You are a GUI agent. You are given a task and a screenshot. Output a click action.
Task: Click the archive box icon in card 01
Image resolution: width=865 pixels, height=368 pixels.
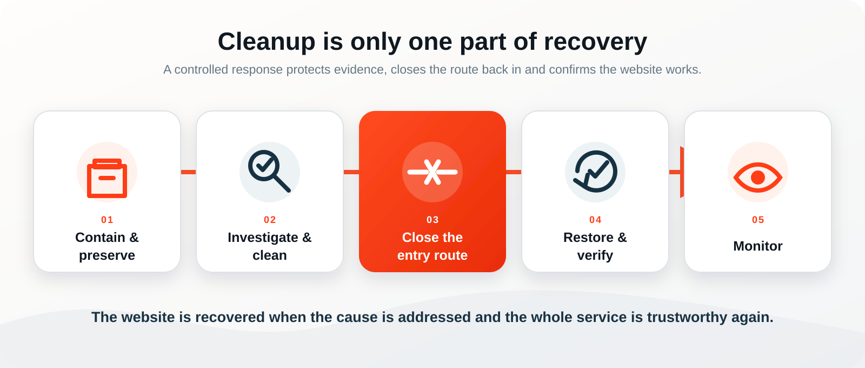(107, 178)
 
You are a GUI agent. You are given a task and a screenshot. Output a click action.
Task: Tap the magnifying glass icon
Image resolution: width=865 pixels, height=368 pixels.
(269, 171)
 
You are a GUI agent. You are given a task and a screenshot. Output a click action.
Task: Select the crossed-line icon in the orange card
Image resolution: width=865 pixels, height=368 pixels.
(432, 172)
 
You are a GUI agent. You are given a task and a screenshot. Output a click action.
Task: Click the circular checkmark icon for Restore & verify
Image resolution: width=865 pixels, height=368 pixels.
(595, 171)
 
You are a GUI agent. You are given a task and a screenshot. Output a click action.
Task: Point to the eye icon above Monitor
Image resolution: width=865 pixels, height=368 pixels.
(757, 178)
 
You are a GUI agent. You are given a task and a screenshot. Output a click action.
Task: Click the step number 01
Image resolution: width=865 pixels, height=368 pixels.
(108, 220)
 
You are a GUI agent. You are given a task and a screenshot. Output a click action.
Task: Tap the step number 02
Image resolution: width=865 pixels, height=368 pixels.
(270, 220)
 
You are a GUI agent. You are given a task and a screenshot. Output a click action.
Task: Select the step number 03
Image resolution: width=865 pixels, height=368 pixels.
(432, 220)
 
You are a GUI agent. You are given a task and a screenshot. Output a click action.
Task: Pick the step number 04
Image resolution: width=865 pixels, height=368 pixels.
(595, 220)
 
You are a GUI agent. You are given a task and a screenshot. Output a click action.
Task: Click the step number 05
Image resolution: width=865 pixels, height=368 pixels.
(758, 220)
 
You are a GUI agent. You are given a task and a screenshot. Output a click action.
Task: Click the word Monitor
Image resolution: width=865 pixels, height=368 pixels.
(757, 246)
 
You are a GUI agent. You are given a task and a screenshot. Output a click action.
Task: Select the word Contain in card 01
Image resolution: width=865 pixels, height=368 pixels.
(100, 238)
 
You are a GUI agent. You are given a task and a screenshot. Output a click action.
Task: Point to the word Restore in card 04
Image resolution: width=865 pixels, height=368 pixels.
(588, 238)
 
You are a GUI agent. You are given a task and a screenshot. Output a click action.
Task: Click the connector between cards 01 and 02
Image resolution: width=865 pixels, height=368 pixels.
(189, 172)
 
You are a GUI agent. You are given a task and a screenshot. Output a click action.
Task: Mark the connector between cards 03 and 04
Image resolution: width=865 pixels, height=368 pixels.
(514, 172)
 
